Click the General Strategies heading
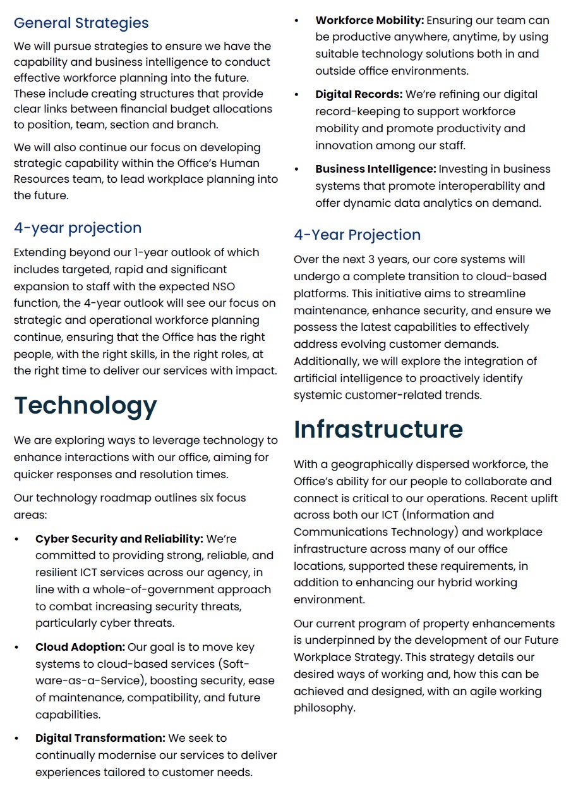pyautogui.click(x=81, y=23)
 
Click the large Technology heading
pyautogui.click(x=85, y=405)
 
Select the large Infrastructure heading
pyautogui.click(x=378, y=429)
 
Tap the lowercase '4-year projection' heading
pyautogui.click(x=78, y=228)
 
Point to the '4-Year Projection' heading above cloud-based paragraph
pyautogui.click(x=357, y=235)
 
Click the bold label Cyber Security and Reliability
pyautogui.click(x=119, y=539)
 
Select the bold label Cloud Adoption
pyautogui.click(x=80, y=647)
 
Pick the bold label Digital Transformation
pyautogui.click(x=100, y=738)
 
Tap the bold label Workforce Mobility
pyautogui.click(x=370, y=21)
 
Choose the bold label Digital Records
pyautogui.click(x=359, y=94)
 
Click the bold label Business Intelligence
pyautogui.click(x=376, y=169)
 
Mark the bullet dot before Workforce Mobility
pyautogui.click(x=297, y=21)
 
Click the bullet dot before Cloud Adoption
pyautogui.click(x=17, y=647)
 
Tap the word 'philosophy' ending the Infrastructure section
pyautogui.click(x=324, y=708)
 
